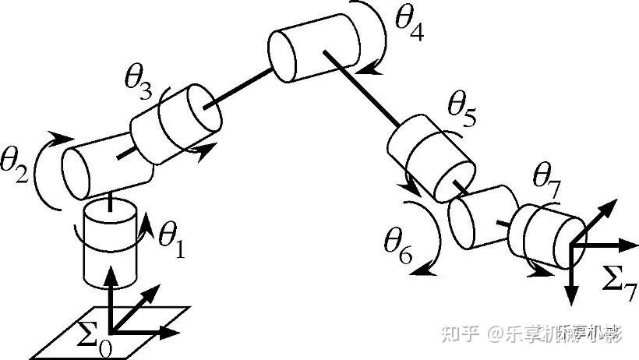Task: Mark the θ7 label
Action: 545,182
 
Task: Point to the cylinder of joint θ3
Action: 175,125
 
